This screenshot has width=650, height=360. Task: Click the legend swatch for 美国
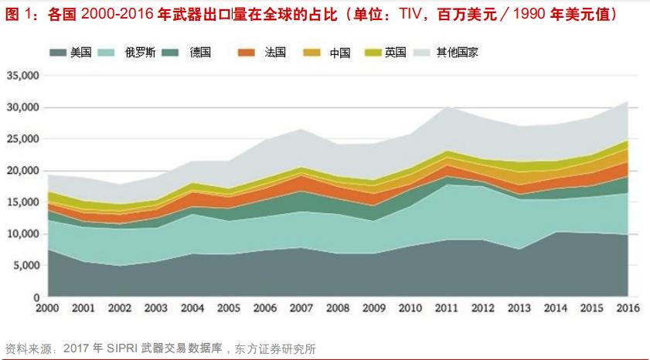click(x=59, y=53)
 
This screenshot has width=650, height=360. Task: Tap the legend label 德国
click(x=201, y=53)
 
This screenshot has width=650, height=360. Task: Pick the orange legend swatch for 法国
click(x=246, y=53)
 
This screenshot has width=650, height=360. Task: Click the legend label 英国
click(x=395, y=53)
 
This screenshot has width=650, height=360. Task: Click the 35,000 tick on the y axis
click(x=22, y=76)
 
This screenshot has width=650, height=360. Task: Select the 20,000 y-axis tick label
click(x=22, y=171)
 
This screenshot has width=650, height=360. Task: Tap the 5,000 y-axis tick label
click(x=26, y=266)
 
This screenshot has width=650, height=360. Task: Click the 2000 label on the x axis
click(x=47, y=308)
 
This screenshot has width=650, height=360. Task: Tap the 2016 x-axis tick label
click(x=627, y=308)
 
